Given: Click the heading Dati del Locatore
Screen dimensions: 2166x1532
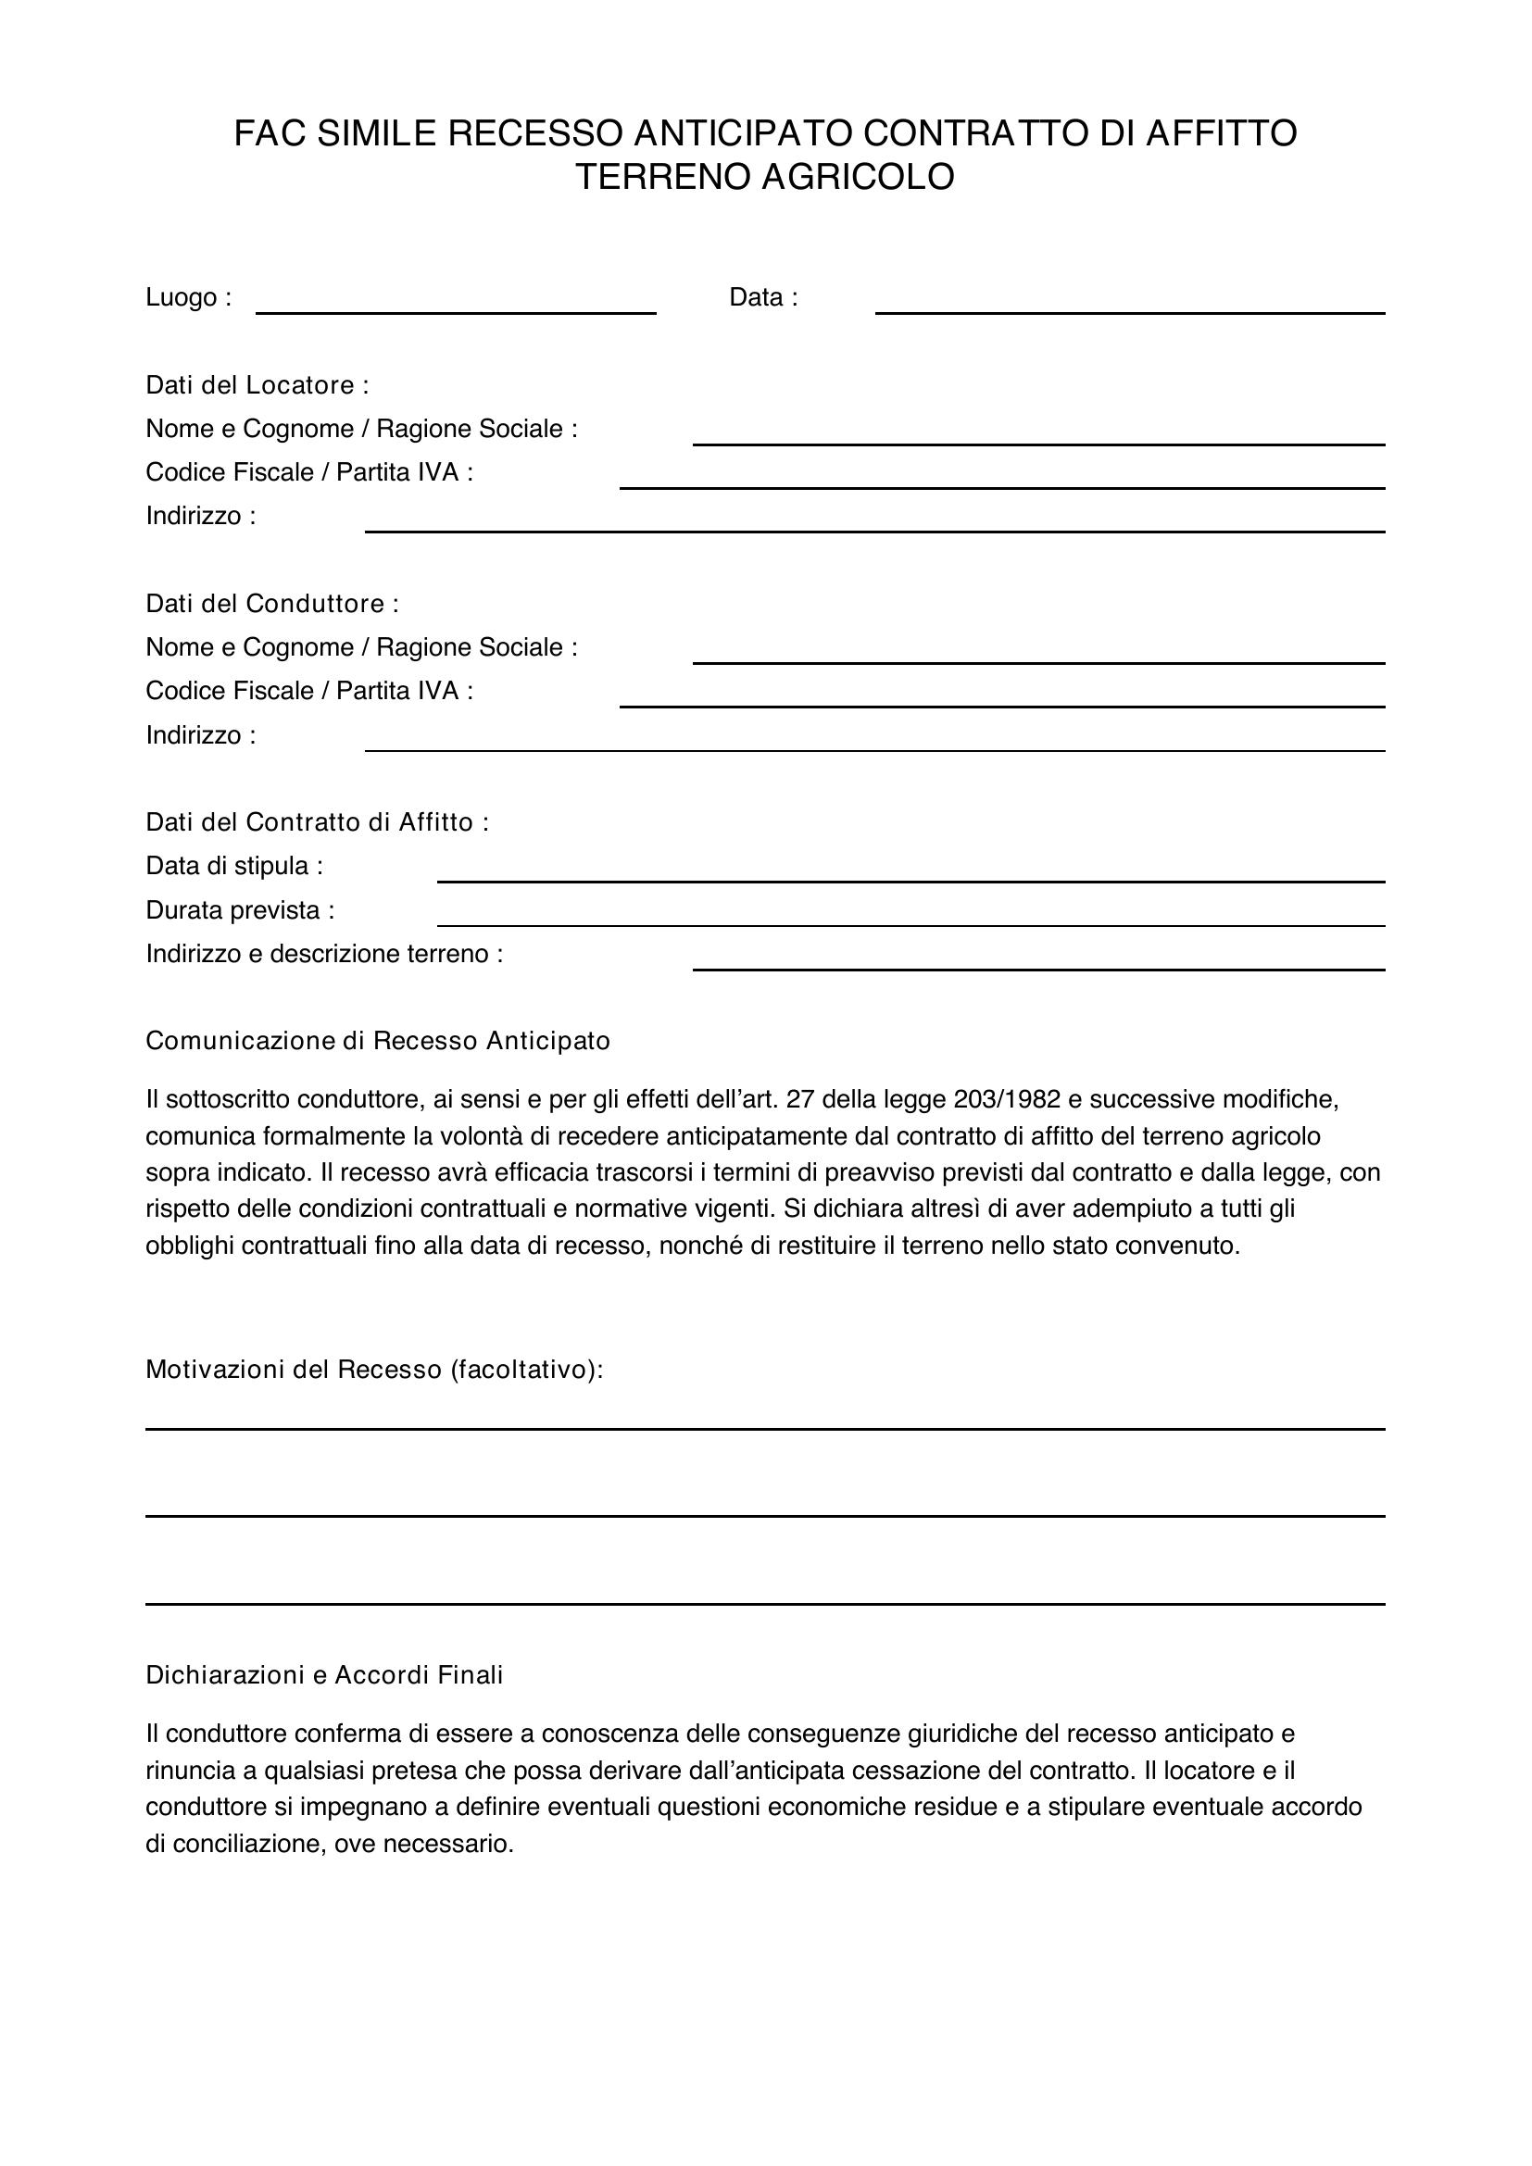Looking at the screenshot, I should tap(257, 385).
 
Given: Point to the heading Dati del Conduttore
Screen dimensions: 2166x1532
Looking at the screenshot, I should tap(271, 604).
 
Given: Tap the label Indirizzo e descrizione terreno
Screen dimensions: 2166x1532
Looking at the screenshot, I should tap(323, 954).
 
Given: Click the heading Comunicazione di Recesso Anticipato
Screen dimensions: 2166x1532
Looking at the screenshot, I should tap(377, 1041).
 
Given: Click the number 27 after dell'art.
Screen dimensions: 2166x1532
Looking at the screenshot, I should tap(800, 1099).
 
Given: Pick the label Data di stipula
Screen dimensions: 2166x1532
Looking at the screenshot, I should tap(233, 866).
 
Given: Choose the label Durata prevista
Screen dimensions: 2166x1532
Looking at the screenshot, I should tap(239, 910).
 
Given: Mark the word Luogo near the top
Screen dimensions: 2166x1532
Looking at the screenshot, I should tap(182, 297).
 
